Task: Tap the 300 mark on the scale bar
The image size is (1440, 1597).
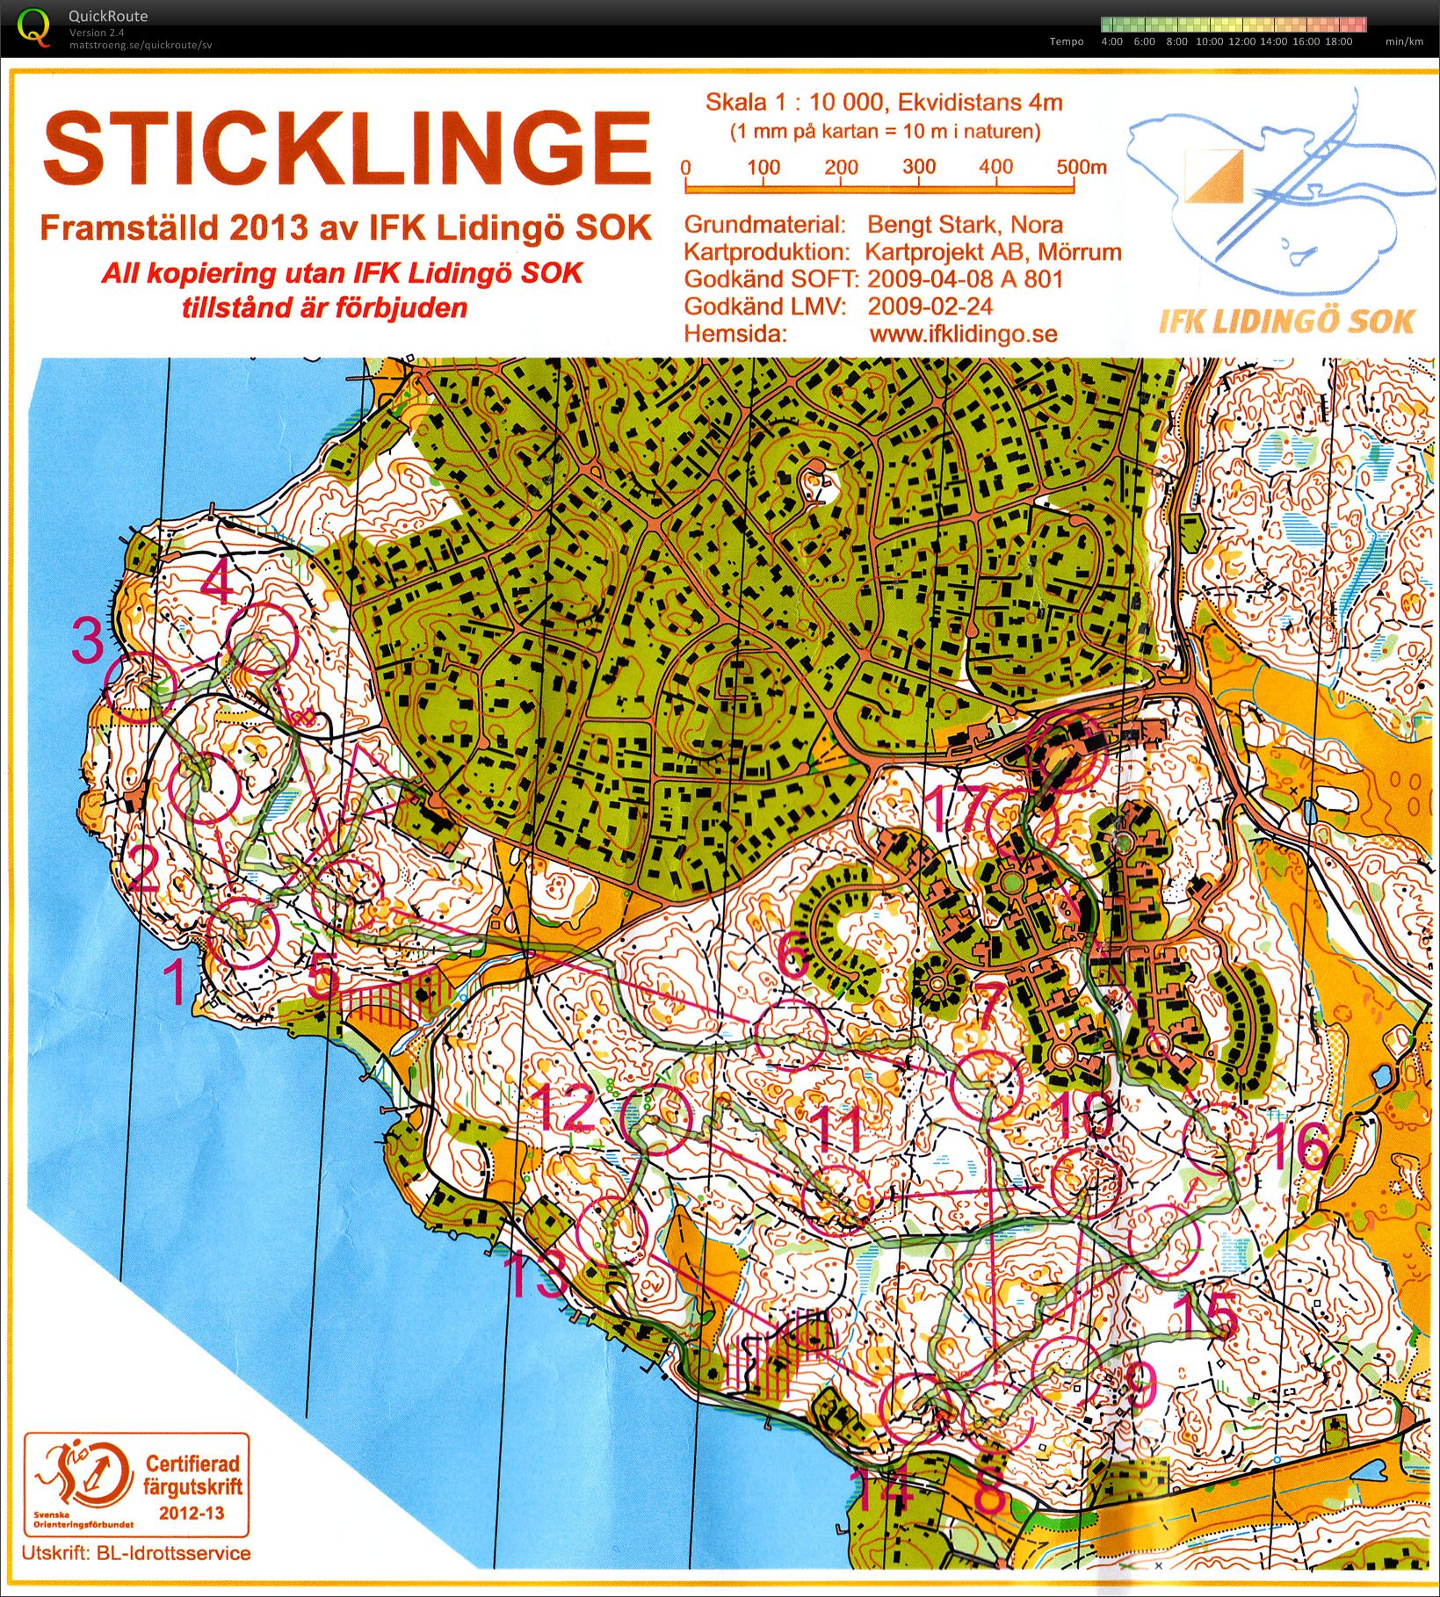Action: [919, 167]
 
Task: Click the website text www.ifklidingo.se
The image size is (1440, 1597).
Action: [963, 335]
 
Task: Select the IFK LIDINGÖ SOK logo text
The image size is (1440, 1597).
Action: [1286, 322]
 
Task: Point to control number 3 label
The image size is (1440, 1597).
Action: [88, 641]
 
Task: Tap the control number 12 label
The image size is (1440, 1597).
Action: [566, 1109]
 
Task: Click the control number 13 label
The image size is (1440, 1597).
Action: [538, 1278]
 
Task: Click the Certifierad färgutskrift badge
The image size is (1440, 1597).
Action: [137, 1484]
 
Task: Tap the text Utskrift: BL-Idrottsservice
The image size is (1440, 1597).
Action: [136, 1552]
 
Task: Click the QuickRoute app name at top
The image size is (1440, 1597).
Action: [107, 16]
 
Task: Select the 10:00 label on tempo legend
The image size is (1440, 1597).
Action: [1209, 41]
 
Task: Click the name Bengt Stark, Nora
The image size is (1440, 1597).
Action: [965, 225]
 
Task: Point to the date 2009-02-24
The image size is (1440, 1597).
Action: [930, 307]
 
